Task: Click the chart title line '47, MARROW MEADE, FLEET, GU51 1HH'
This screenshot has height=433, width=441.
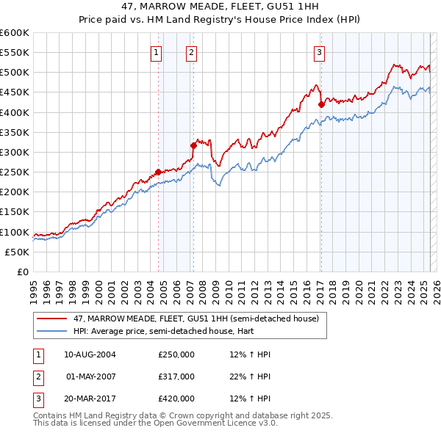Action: coord(220,7)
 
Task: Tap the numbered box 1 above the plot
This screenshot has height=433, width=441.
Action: coord(157,52)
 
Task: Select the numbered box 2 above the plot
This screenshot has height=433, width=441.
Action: coord(191,52)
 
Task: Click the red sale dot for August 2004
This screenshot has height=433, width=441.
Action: coord(158,172)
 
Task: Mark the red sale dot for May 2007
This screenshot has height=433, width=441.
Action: coord(193,145)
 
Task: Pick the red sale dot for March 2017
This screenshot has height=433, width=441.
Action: coord(321,104)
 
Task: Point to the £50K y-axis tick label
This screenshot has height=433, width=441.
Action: coord(18,252)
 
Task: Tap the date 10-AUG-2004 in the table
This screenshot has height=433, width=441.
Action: coord(90,354)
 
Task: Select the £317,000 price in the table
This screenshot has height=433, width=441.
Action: coord(176,376)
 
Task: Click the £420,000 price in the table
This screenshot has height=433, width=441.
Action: coord(176,399)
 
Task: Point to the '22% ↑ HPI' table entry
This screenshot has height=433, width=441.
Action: coord(250,376)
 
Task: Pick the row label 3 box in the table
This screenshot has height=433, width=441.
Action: coord(37,399)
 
